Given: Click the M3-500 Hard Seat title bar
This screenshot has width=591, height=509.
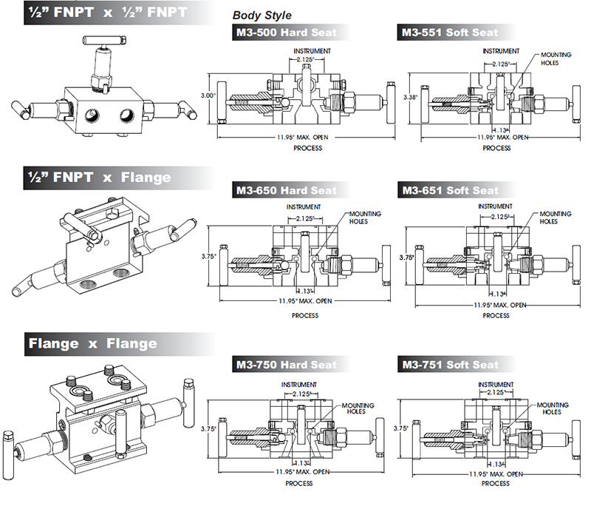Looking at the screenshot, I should [x=285, y=33].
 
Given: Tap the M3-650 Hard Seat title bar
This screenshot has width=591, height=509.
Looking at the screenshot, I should [x=285, y=190].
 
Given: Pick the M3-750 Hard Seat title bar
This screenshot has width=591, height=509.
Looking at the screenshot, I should [x=285, y=364].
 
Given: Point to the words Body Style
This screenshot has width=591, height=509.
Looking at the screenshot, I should [x=262, y=15].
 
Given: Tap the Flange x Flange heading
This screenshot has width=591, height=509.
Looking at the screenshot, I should [x=92, y=343].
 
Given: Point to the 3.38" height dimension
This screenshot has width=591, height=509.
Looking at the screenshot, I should [x=410, y=97].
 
